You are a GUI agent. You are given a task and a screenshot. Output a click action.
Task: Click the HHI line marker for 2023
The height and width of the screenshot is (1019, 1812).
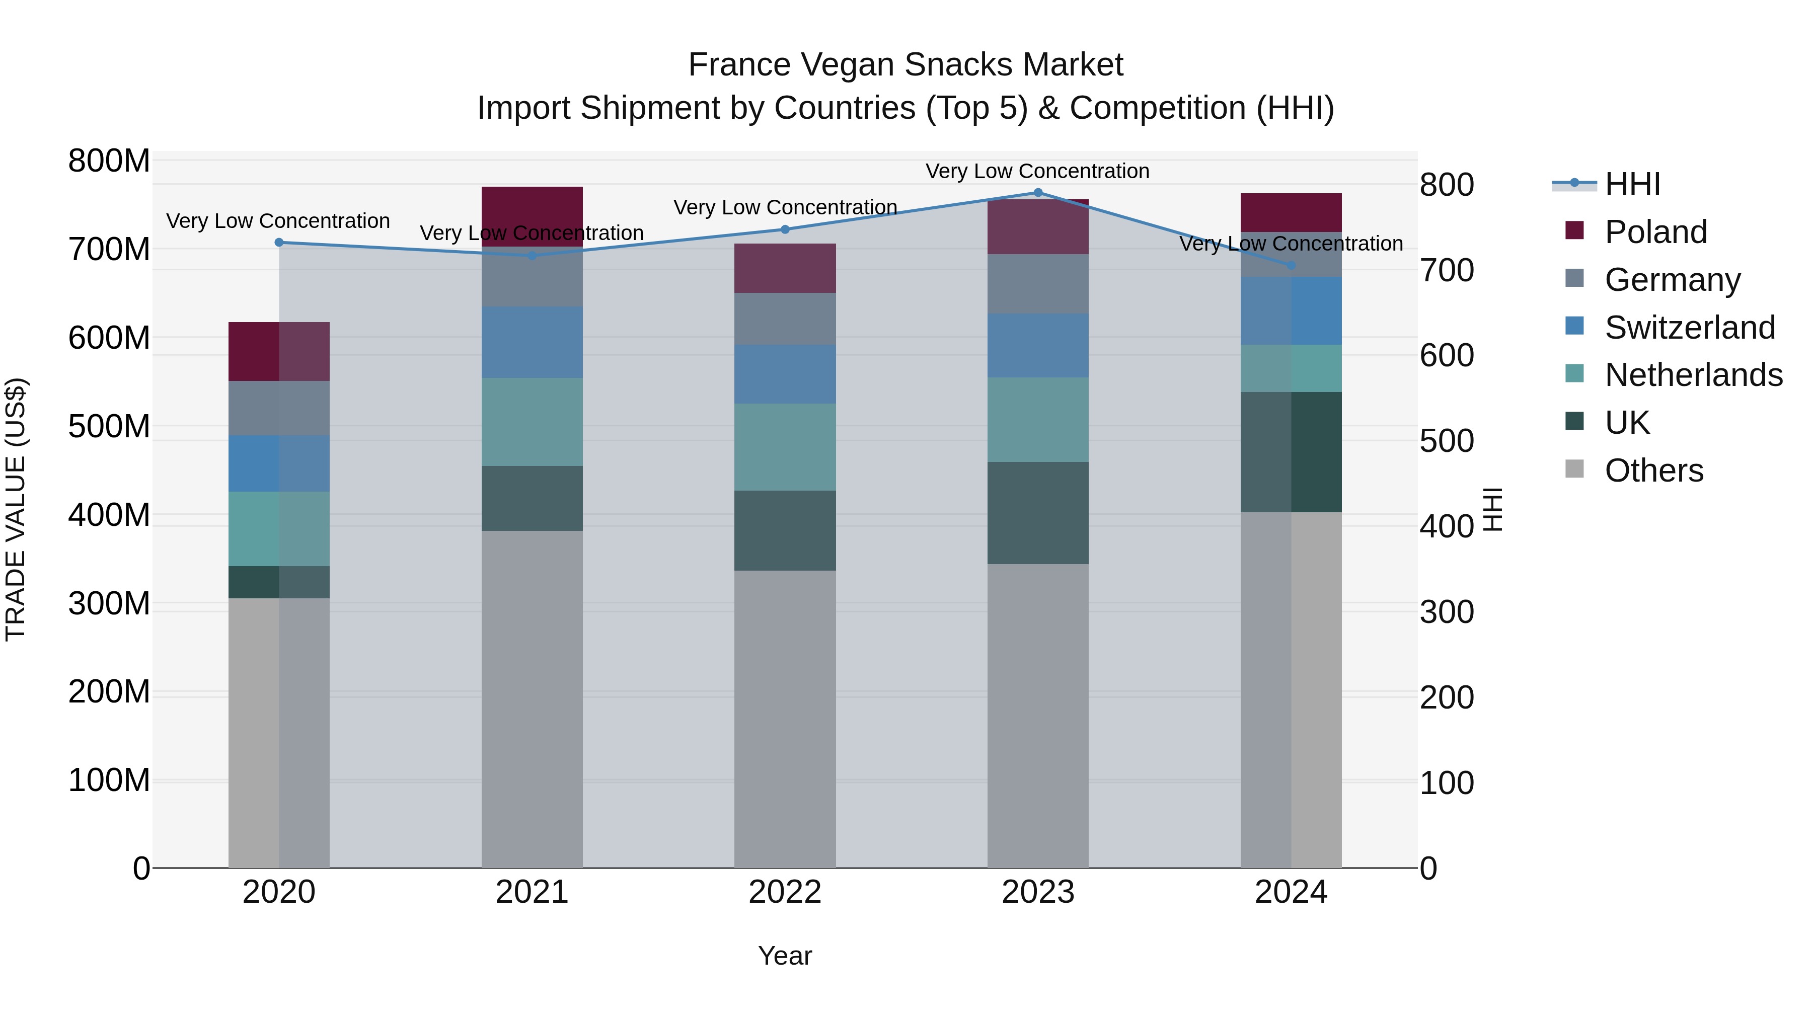point(1037,193)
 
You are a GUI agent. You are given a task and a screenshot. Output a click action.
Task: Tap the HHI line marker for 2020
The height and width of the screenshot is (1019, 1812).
point(279,243)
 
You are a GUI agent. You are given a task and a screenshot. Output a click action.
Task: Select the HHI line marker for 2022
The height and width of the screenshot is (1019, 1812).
point(785,229)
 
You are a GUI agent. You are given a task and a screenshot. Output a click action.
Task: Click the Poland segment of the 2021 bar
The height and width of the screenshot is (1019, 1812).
point(532,216)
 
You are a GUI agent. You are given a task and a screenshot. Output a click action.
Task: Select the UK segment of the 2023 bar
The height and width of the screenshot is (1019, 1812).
point(1037,513)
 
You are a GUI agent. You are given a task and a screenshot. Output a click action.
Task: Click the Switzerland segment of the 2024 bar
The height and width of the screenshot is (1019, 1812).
point(1291,311)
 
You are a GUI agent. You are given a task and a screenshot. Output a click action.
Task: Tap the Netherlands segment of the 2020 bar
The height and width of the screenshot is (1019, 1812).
point(279,529)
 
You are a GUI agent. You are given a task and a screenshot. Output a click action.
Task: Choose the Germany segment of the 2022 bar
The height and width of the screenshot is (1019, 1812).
point(785,319)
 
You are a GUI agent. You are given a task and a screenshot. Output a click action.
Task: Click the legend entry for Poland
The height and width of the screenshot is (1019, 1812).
point(1655,232)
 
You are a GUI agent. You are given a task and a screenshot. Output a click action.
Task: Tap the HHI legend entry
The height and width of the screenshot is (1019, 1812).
point(1632,184)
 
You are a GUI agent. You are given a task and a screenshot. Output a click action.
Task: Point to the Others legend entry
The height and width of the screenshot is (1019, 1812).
point(1653,471)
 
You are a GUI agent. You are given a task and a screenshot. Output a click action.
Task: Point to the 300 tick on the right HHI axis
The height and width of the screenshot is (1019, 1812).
point(1446,612)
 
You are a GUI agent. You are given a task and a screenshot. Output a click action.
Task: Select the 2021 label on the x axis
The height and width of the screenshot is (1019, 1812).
point(532,892)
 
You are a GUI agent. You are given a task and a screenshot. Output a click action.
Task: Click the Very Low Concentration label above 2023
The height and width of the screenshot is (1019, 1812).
point(1037,171)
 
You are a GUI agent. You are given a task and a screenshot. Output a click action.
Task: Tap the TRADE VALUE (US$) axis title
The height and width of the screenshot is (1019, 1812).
point(16,509)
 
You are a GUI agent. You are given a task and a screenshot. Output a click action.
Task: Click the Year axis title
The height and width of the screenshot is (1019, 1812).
point(785,956)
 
